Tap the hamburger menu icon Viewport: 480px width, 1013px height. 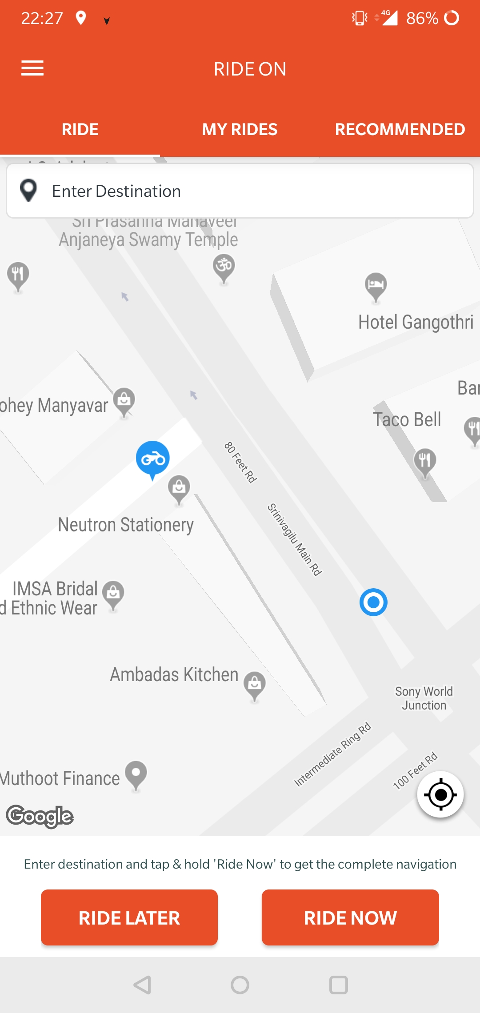32,68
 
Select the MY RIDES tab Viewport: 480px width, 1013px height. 240,129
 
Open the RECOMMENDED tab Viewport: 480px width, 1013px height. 400,129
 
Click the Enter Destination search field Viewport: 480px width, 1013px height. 240,191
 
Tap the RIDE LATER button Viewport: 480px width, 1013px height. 129,917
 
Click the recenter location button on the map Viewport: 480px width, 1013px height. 440,794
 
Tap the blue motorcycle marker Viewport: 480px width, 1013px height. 152,459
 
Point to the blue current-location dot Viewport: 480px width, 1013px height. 373,602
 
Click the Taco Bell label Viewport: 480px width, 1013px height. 407,419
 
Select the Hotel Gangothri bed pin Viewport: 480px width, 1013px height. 376,286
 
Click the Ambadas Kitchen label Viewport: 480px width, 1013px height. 174,674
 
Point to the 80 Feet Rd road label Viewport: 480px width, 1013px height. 240,462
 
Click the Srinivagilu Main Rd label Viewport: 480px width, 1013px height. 294,539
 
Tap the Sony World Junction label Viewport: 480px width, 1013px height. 424,698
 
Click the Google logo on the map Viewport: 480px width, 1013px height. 40,816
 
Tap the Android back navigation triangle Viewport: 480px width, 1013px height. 143,985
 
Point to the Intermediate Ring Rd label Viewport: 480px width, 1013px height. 332,754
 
